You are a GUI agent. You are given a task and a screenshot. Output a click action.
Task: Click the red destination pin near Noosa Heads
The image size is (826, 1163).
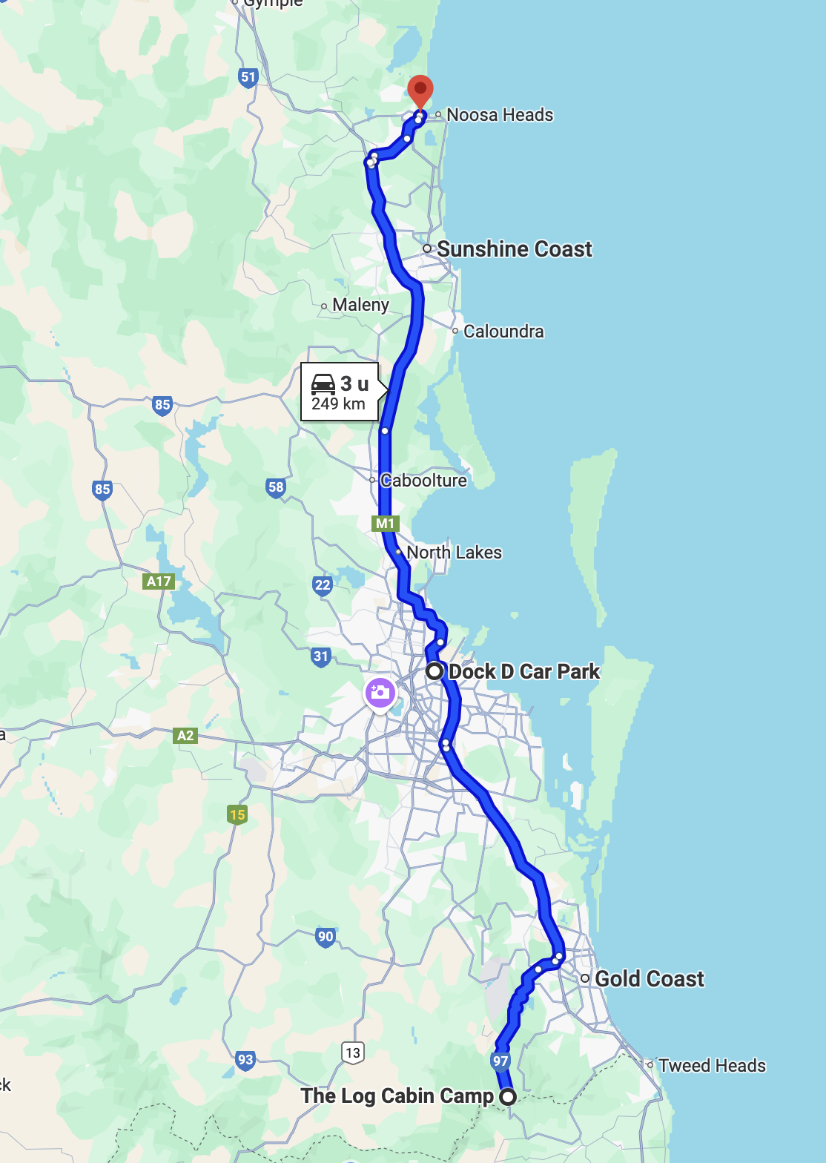point(420,91)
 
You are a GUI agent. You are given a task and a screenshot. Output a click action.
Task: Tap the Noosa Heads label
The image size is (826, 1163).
point(499,115)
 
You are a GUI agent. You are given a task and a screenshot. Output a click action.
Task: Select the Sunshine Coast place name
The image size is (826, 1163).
point(514,249)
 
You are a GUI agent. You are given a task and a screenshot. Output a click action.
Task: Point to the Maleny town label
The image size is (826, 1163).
point(360,305)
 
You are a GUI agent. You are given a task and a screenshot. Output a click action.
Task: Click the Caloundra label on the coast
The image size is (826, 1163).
point(503,332)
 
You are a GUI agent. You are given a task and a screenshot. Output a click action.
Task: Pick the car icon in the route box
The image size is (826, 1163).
point(323,383)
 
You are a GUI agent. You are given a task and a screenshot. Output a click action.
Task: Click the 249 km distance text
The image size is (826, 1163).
point(338,404)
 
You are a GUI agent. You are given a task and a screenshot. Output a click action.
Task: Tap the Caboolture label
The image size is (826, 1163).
point(423,481)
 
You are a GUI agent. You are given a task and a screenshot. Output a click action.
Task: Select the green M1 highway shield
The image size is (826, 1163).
point(385,524)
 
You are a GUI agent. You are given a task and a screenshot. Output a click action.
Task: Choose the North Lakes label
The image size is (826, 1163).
point(454,553)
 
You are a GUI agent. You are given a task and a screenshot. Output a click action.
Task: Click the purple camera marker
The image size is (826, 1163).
point(380,693)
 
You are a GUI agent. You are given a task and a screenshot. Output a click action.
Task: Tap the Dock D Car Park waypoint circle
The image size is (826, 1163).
point(435,671)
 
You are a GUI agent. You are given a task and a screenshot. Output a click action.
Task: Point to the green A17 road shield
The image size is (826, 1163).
point(159,581)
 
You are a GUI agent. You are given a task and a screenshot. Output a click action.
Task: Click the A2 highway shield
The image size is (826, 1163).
point(185,736)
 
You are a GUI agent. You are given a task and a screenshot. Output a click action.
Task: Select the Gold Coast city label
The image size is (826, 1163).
point(649,979)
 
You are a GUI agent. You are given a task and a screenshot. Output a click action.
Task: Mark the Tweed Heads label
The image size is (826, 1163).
point(711,1066)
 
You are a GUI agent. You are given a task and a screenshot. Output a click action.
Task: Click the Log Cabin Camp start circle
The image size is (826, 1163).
point(508,1097)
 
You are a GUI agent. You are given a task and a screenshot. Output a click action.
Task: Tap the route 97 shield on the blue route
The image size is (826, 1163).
point(500,1061)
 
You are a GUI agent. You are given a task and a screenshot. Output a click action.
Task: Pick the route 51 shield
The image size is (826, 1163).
point(248,77)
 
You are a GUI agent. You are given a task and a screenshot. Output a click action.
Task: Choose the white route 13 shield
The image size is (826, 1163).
point(353,1052)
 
